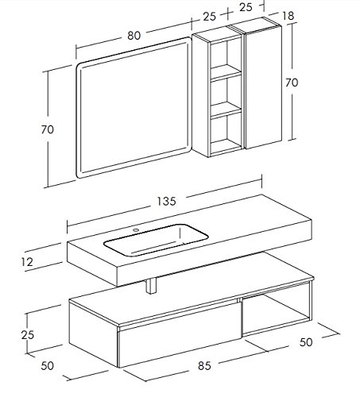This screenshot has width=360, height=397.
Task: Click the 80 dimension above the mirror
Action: pos(134,36)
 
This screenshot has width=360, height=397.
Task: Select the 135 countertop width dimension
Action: pos(166,202)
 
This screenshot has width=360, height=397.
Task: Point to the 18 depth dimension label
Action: pos(288,16)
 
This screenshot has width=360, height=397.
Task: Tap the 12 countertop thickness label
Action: pos(27,262)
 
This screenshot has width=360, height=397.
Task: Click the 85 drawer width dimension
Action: pos(204,366)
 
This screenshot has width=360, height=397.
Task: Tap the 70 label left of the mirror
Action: pos(48,129)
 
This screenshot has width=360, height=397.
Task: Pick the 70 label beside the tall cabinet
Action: pos(292,83)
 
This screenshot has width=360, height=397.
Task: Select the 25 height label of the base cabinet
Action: pos(28,335)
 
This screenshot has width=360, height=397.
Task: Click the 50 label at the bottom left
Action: pos(48,366)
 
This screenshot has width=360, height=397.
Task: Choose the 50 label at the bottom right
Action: pos(306,342)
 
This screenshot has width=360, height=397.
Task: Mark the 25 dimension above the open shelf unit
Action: pos(210,17)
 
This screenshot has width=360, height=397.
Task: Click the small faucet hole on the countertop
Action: pos(136,229)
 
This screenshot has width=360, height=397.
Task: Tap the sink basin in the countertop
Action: pos(156,240)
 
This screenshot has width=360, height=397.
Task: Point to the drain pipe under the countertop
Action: pos(151,286)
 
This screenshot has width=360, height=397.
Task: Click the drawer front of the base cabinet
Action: pos(180,335)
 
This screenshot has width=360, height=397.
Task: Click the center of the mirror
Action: pos(134,108)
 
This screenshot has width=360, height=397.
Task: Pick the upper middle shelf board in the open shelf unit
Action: pos(226,72)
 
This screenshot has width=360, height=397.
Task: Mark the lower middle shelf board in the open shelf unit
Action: pos(226,110)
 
